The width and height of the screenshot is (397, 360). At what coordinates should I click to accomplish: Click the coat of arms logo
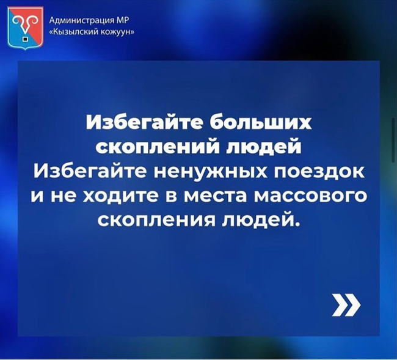(x=25, y=28)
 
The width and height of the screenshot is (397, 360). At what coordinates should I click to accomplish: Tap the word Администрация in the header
(x=81, y=20)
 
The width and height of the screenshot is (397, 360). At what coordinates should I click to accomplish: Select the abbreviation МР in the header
(x=122, y=20)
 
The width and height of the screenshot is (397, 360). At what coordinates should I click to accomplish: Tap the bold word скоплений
(x=159, y=147)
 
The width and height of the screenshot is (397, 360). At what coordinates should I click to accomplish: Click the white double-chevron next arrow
(x=346, y=305)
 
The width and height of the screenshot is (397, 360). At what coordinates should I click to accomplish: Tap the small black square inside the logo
(x=25, y=39)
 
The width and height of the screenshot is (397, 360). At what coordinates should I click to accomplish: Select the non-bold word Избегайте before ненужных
(x=90, y=172)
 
